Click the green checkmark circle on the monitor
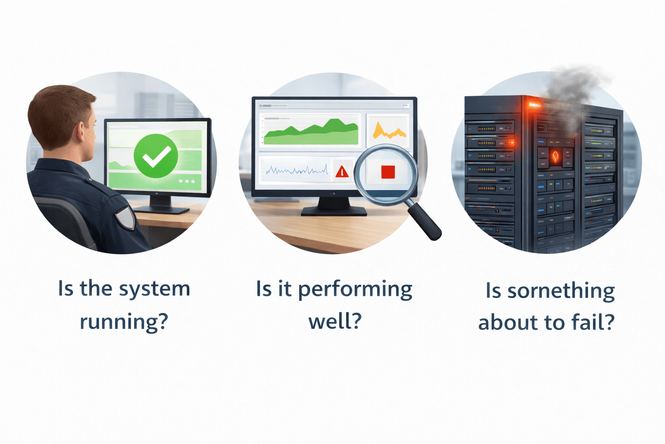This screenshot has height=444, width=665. (156, 156)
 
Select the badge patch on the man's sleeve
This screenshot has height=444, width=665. (125, 217)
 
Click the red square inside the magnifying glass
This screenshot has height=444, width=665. (388, 172)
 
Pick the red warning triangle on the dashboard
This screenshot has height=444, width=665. (342, 171)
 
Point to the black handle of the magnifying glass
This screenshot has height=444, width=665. (425, 222)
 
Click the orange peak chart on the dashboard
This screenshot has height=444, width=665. (388, 131)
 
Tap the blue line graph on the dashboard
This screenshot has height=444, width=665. (297, 170)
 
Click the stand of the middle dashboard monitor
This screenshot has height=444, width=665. (334, 206)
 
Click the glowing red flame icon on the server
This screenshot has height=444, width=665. (555, 156)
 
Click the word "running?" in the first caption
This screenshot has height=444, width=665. (124, 322)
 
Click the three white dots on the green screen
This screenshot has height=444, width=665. (187, 181)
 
